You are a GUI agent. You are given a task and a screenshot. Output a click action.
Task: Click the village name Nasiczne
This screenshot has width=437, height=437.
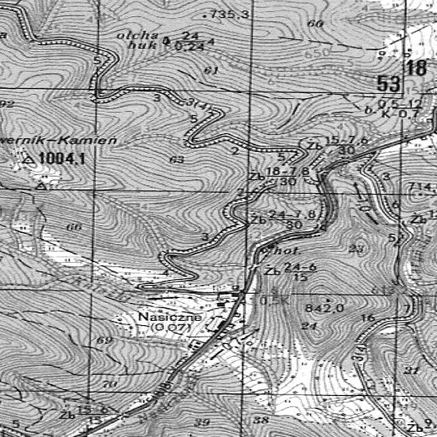[169, 317]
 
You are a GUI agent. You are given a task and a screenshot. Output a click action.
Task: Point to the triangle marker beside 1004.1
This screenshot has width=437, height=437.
[30, 160]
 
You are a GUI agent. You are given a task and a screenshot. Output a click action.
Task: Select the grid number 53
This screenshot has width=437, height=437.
[389, 83]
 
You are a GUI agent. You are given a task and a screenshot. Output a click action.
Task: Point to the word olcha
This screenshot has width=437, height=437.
[139, 35]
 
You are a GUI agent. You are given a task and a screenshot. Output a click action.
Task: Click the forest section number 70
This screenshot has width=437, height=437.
[108, 385]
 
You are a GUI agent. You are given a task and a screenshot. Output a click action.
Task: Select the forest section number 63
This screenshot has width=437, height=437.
[177, 160]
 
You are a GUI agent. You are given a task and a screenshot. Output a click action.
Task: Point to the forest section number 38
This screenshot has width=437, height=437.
[261, 421]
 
